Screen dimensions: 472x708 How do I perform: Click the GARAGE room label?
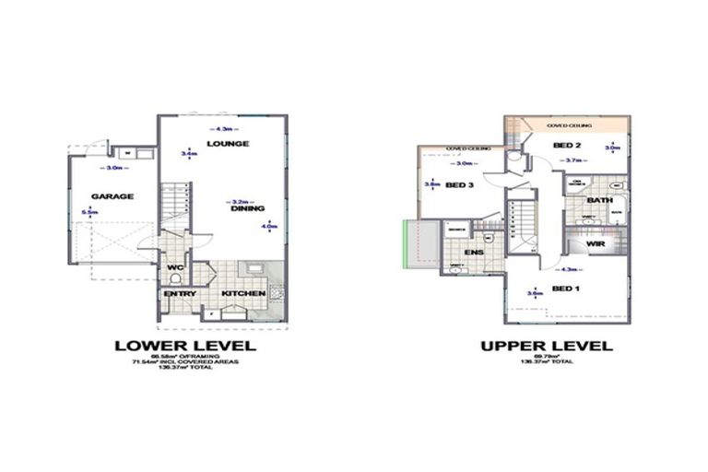point(112,195)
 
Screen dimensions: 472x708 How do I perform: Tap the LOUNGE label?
point(228,144)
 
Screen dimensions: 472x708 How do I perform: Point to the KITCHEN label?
point(243,293)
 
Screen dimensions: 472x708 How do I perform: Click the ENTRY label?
point(178,293)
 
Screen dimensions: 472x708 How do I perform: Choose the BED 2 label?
point(567,146)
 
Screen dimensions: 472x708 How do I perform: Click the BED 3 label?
point(459,184)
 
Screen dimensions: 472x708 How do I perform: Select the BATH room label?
point(600,199)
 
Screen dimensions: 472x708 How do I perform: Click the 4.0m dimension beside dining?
point(269,225)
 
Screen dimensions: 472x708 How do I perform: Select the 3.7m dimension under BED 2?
point(573,160)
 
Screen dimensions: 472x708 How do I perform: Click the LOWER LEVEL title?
point(183,347)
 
